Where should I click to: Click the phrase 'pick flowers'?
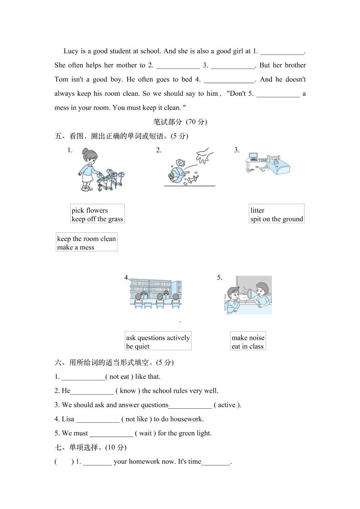tap(90, 210)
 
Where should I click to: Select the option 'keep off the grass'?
tap(97, 219)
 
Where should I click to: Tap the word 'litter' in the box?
tap(257, 210)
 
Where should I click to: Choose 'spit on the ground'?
tap(276, 219)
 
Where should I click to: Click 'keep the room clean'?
tap(86, 239)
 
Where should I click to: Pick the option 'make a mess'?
tap(76, 248)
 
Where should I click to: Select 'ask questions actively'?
tap(158, 338)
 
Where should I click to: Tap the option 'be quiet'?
tap(138, 347)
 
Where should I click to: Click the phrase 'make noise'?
tap(248, 338)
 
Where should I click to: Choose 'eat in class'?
tap(247, 347)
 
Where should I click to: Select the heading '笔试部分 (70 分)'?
tap(180, 122)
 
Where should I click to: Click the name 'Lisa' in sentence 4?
tap(68, 419)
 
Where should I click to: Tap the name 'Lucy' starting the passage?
tap(72, 51)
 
